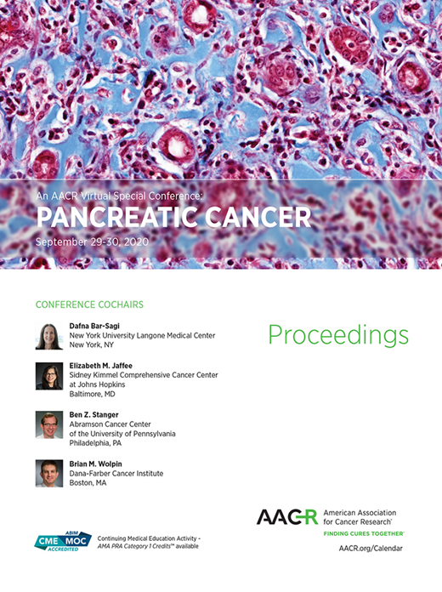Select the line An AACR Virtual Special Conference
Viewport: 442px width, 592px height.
[x=120, y=195]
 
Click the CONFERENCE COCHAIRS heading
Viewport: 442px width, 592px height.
[x=89, y=304]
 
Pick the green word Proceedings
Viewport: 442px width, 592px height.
[x=338, y=335]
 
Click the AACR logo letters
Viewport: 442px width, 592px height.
[x=287, y=517]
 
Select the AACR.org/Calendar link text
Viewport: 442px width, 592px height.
[x=371, y=549]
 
